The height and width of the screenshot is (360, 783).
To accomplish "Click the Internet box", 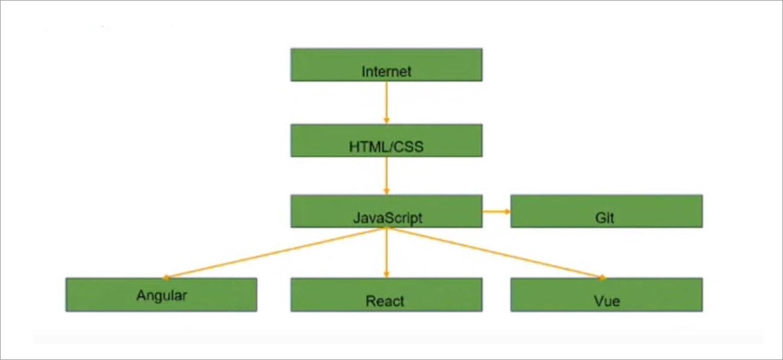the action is (x=387, y=65).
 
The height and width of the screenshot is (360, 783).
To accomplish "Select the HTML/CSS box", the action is (x=387, y=140).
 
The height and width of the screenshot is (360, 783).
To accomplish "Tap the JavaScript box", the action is (x=387, y=211).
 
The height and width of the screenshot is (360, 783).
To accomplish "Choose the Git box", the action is (x=607, y=211).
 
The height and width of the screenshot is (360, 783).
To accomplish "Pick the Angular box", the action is (x=161, y=294).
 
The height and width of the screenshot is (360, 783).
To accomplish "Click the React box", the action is (x=387, y=294).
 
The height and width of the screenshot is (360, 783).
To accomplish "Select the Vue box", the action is (x=607, y=294).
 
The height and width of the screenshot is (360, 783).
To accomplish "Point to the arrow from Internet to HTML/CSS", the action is (x=387, y=103).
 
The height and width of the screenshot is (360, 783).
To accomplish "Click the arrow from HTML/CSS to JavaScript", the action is (x=387, y=176).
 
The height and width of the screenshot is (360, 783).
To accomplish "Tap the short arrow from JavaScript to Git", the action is (x=496, y=211).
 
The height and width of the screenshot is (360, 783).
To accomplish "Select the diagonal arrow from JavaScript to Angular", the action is (x=275, y=253).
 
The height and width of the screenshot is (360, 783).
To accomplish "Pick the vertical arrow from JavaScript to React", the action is (x=387, y=253).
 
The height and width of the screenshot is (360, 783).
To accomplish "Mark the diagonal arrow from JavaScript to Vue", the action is (x=497, y=253).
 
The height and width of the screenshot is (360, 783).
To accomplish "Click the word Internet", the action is (x=386, y=72).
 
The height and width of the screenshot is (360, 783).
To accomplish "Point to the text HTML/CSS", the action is (x=386, y=147).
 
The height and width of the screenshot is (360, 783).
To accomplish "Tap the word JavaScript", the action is (x=388, y=218).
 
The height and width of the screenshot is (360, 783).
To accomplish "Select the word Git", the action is (x=604, y=218).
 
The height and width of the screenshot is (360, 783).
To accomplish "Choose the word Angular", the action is (x=161, y=296).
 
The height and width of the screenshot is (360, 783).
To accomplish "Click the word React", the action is (x=384, y=301).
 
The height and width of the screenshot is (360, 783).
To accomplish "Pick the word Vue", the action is (x=607, y=301).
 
